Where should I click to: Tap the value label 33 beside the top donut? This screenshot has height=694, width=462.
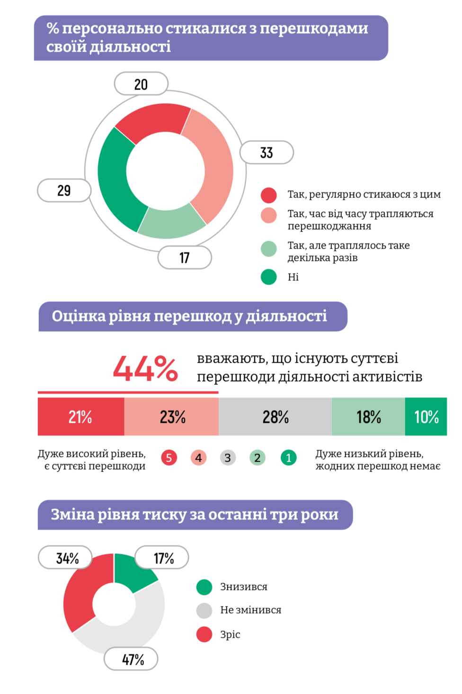pyautogui.click(x=267, y=152)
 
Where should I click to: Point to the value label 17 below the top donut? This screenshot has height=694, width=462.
pyautogui.click(x=185, y=258)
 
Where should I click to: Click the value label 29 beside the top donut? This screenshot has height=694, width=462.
pyautogui.click(x=64, y=190)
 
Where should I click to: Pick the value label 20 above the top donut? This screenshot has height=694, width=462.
pyautogui.click(x=141, y=84)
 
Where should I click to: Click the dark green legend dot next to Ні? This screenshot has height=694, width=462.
pyautogui.click(x=268, y=277)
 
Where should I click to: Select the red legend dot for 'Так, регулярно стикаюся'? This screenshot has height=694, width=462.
pyautogui.click(x=268, y=195)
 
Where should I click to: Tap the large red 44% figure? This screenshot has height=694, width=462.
pyautogui.click(x=145, y=368)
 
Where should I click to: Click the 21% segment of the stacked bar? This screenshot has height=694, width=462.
pyautogui.click(x=80, y=417)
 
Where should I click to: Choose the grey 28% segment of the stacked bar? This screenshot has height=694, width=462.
pyautogui.click(x=275, y=417)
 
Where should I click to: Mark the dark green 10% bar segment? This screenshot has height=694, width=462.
pyautogui.click(x=426, y=417)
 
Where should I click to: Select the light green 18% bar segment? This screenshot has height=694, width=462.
pyautogui.click(x=368, y=417)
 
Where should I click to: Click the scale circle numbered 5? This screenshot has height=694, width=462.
pyautogui.click(x=169, y=458)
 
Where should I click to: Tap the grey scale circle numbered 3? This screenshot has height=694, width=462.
pyautogui.click(x=228, y=458)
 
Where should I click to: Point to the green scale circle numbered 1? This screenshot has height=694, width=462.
pyautogui.click(x=288, y=458)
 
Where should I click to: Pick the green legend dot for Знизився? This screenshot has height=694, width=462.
pyautogui.click(x=204, y=587)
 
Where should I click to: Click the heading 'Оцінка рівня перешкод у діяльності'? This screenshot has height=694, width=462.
pyautogui.click(x=189, y=316)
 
